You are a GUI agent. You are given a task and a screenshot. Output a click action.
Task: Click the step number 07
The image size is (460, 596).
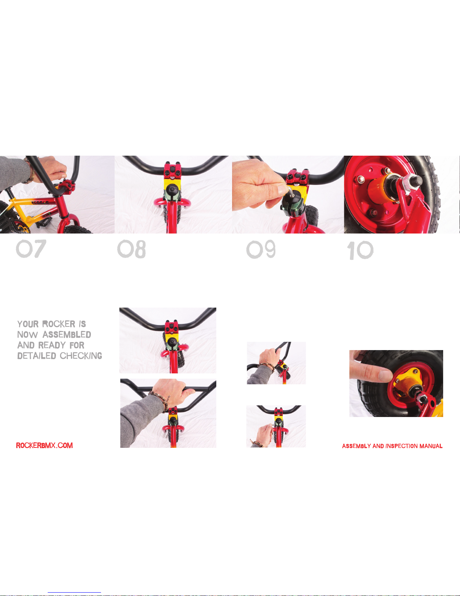[31, 249]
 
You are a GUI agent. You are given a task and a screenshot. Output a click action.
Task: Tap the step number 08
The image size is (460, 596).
[131, 249]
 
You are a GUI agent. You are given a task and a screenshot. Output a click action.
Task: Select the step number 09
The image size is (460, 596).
[261, 249]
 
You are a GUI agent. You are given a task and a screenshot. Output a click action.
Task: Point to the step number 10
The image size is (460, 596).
[360, 250]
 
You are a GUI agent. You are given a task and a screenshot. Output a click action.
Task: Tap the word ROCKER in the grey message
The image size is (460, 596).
[59, 324]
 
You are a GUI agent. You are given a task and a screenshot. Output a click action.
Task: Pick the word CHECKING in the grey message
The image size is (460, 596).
[81, 356]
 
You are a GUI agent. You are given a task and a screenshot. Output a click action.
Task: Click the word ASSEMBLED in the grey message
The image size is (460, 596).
[67, 335]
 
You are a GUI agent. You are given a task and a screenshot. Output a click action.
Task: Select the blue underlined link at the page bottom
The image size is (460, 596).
[74, 592]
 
